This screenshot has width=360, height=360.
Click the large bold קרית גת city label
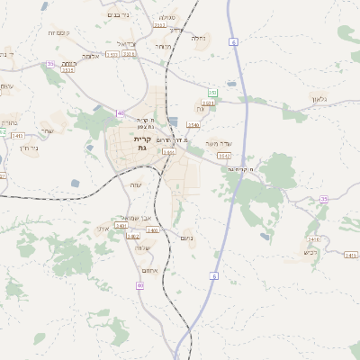[142, 143]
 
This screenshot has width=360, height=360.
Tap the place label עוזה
[136, 184]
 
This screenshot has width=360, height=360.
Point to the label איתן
[102, 228]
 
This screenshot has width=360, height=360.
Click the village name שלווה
[142, 247]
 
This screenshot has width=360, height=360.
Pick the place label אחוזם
[149, 270]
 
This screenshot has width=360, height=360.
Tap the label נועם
[187, 238]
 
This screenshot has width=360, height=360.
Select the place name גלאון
[322, 99]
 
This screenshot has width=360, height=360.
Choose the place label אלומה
[90, 56]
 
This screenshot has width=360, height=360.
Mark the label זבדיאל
[126, 43]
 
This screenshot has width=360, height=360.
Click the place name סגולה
[167, 17]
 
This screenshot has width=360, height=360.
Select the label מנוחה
[162, 46]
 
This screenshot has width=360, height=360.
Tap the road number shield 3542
[224, 155]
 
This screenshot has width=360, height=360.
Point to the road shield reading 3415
[351, 255]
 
